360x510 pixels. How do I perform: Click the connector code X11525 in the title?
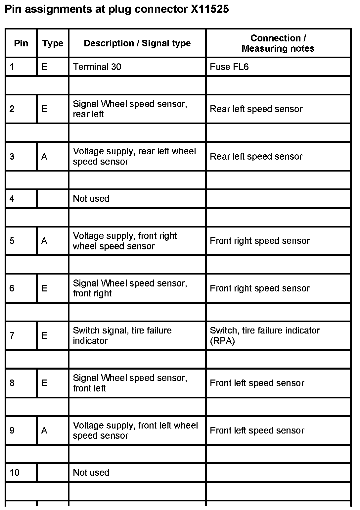point(209,9)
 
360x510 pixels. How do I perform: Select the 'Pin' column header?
point(21,43)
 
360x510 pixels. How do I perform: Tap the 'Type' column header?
point(53,43)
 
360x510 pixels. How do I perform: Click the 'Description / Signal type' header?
point(137,43)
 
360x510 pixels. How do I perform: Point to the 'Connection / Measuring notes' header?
point(278,43)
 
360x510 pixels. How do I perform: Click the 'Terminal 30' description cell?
point(97,67)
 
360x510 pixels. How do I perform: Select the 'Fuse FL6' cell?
point(229,67)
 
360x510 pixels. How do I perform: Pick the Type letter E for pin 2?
point(44,109)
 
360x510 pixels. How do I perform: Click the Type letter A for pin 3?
point(44,156)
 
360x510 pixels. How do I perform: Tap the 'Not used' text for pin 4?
point(91,199)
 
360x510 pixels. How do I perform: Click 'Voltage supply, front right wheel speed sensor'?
point(125,241)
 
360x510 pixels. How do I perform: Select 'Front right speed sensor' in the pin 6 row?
point(260,288)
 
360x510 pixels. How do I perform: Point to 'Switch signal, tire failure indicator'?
point(122,335)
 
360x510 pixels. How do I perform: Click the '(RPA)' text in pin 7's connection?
point(222,341)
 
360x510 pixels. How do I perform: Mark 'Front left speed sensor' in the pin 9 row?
point(257,430)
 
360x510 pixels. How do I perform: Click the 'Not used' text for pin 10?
point(91,473)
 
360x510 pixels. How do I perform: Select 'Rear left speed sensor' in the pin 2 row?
point(256,109)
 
